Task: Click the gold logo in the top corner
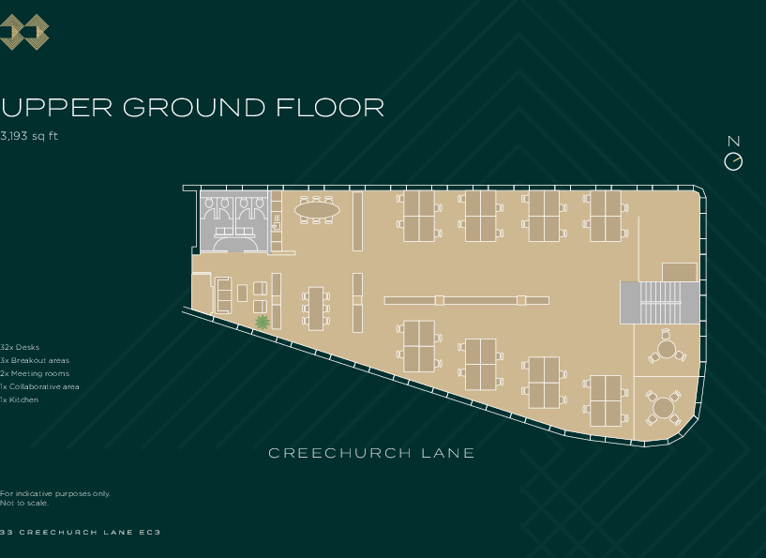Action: (x=24, y=33)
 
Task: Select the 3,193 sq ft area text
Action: (x=30, y=136)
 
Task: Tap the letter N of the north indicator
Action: (x=733, y=142)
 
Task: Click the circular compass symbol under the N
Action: (x=733, y=161)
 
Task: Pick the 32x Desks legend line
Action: (x=21, y=347)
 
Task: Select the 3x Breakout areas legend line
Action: (x=35, y=360)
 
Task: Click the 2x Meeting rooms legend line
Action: (x=35, y=373)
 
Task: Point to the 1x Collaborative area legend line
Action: (x=39, y=386)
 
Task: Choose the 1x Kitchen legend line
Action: (x=20, y=400)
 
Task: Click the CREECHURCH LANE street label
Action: (x=371, y=454)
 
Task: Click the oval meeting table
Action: (x=318, y=210)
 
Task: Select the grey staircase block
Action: (x=659, y=302)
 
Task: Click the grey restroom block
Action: (x=234, y=221)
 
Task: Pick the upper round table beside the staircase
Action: (x=667, y=350)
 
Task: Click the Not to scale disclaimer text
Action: (x=24, y=503)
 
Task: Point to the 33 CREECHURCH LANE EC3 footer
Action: (x=82, y=533)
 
